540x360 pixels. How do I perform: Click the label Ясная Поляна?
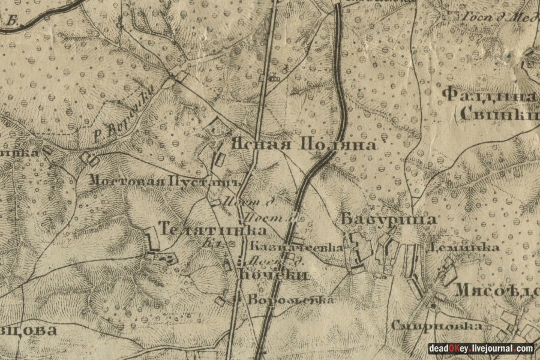click(304, 145)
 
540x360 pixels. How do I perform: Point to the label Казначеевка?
click(296, 247)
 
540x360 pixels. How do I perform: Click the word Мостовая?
click(128, 179)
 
